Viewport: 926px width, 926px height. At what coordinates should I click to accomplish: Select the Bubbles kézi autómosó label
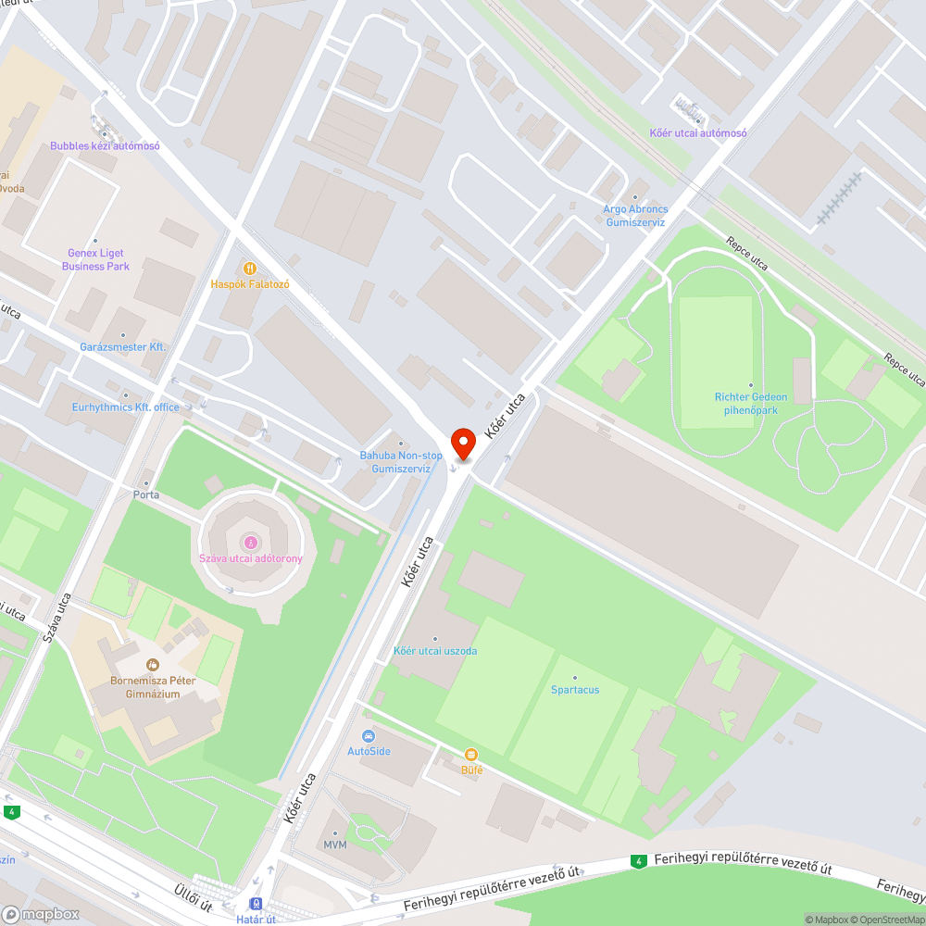point(105,146)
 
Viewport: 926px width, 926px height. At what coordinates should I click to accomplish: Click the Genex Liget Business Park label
point(95,259)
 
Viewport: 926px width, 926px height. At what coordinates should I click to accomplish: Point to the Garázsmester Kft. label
point(122,346)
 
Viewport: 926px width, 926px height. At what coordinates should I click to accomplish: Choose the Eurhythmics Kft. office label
point(126,407)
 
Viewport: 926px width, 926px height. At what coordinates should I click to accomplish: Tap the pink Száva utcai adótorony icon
point(250,542)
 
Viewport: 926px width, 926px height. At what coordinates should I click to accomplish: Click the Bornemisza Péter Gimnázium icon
point(152,665)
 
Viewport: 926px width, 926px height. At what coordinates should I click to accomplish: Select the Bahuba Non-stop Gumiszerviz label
point(401,461)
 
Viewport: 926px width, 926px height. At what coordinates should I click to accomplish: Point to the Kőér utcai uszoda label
point(435,651)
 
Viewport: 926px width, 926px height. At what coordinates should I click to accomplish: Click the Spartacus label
point(575,690)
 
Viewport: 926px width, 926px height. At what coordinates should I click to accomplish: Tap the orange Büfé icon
point(471,755)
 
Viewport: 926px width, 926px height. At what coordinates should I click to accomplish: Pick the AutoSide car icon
point(369,736)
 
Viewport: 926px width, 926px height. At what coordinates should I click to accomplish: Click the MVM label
point(334,846)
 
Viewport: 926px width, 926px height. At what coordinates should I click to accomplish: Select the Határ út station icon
point(256,904)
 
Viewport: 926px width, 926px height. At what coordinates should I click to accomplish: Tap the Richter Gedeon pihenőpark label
point(751,403)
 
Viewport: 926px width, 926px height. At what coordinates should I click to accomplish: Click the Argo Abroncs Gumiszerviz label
point(635,216)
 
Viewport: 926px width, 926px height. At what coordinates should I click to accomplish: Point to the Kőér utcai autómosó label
point(698,132)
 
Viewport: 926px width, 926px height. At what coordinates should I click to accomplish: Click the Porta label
point(146,494)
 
